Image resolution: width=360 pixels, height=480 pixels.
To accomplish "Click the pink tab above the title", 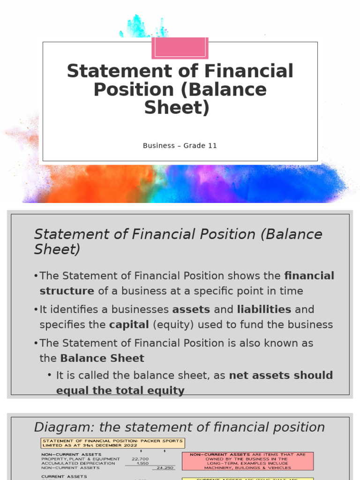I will pos(180,48).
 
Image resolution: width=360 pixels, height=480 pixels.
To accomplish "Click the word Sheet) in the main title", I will pos(177,107).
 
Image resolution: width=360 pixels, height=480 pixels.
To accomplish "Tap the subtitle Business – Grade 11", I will pos(180,145).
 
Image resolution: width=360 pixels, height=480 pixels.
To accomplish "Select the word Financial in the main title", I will pos(252,71).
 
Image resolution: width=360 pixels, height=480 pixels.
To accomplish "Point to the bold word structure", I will pos(67,291).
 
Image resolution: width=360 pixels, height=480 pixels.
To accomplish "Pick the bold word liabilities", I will pos(264,309).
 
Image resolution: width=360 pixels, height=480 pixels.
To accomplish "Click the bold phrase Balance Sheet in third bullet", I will pos(102,359).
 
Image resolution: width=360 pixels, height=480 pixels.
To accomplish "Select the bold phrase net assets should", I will pos(281,375).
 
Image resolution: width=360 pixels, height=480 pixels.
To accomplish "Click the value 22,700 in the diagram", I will pos(140,459).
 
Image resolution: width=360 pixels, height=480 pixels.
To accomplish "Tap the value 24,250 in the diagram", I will pos(165,467).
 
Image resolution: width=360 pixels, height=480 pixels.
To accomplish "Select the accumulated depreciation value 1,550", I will pos(142,463).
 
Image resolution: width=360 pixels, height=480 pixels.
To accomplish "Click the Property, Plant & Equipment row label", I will pos(81,459).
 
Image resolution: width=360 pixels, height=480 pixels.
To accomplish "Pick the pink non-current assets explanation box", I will pos(247,461).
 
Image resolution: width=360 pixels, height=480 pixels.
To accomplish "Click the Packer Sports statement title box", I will pos(112,443).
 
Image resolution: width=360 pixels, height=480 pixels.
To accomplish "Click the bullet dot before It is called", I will pos(50,375).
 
